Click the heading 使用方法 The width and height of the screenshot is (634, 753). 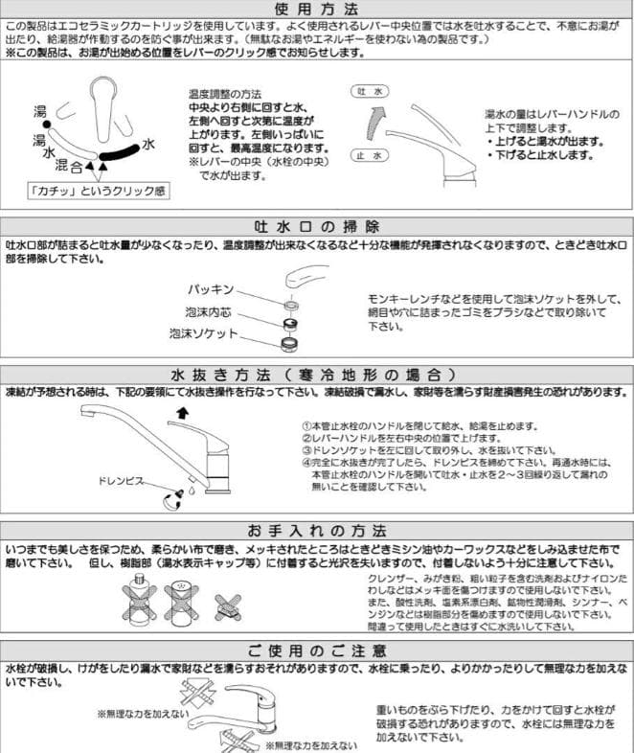click(316, 9)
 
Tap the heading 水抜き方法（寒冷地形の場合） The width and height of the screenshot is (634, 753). click(316, 374)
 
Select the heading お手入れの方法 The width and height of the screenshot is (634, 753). click(316, 530)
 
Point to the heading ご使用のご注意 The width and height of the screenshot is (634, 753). click(316, 649)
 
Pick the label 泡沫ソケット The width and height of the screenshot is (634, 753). click(204, 333)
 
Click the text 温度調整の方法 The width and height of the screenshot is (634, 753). click(225, 96)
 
